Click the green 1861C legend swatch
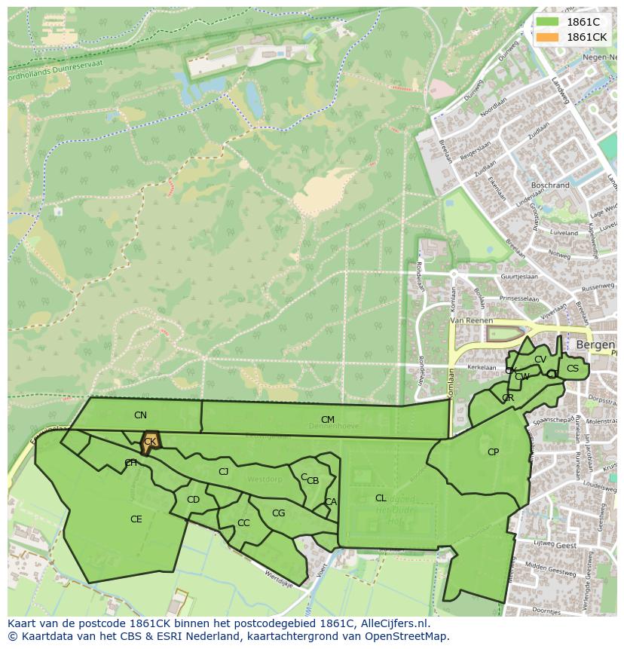tap(547, 23)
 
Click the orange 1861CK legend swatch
tap(547, 37)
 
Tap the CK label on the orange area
tap(150, 442)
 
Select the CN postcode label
tap(140, 415)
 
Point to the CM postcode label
tap(327, 420)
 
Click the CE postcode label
tap(136, 519)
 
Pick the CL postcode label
tap(381, 498)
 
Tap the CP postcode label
tap(493, 452)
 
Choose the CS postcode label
tap(573, 369)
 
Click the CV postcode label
tap(540, 360)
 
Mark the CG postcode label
tap(278, 513)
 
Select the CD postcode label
tap(193, 500)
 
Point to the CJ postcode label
tap(223, 472)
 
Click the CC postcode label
tap(243, 523)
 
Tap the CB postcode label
tap(313, 481)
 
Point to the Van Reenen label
tap(470, 320)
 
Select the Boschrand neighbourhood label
tap(550, 185)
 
